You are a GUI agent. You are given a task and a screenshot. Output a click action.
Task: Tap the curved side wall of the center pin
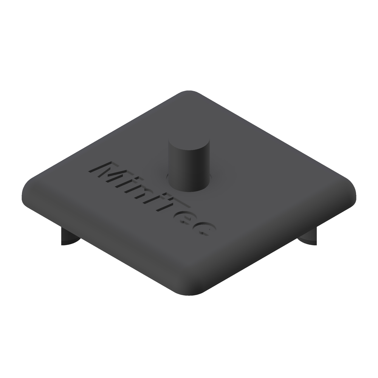(x=189, y=171)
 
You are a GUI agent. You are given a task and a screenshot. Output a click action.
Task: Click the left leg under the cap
(x=69, y=237)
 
